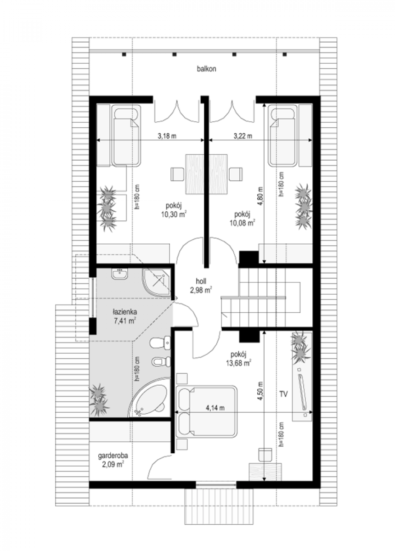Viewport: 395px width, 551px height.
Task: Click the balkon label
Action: [206, 69]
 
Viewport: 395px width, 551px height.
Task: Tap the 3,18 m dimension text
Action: [167, 136]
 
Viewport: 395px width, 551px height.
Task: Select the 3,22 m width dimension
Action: [243, 136]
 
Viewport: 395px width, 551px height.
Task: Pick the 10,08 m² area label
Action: [242, 223]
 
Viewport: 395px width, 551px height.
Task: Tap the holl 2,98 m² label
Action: [201, 286]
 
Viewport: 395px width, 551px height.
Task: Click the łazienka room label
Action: [125, 312]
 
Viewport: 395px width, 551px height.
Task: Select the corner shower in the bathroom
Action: [157, 281]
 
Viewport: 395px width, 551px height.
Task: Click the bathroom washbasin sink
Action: [119, 274]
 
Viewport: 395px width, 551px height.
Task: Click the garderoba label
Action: [113, 456]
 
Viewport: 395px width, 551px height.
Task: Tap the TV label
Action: [283, 394]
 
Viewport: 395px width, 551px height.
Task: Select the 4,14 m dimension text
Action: [215, 408]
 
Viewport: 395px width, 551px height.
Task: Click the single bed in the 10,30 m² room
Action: [126, 136]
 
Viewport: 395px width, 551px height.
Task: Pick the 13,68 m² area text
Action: [238, 363]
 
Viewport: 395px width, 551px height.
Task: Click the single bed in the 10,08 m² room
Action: [283, 136]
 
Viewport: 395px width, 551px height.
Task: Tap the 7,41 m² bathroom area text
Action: [125, 321]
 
